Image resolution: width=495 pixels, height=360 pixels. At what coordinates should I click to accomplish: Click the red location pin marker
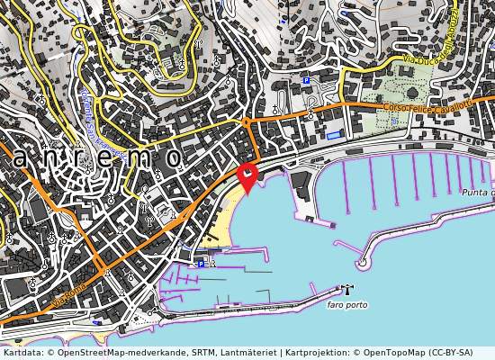pos(247,175)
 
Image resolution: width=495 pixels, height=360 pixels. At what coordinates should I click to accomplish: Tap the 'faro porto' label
pos(346,305)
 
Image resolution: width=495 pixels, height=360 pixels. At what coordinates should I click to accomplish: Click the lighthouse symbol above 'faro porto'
pos(344,289)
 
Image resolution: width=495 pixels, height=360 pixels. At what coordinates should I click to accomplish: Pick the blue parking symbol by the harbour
pos(201,264)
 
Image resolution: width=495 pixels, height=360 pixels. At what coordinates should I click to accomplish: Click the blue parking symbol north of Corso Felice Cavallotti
pos(306,80)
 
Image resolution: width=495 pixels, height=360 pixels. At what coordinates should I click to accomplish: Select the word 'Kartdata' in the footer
pos(19,353)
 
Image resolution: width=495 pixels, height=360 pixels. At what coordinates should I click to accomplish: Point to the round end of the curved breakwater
pos(363,264)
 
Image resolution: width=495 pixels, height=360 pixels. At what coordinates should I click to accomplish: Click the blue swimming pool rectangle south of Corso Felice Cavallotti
pos(335,135)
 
